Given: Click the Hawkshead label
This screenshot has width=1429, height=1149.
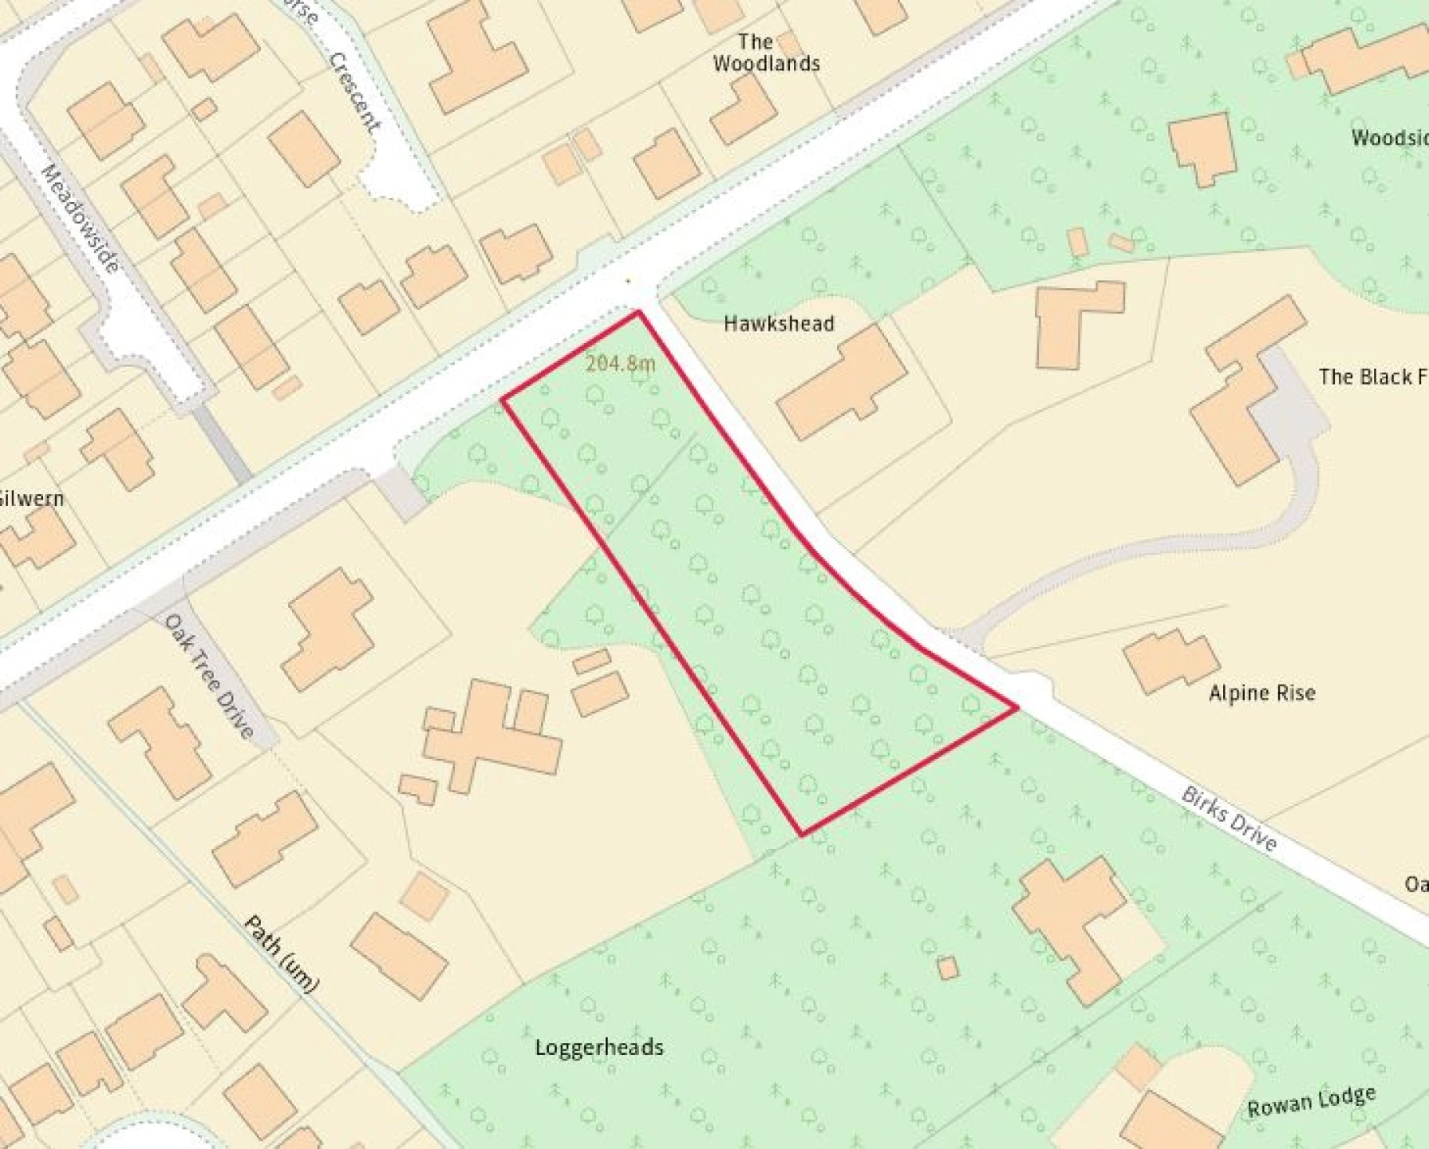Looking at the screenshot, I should point(779,323).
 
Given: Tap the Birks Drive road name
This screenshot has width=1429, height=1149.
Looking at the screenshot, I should point(1230,819).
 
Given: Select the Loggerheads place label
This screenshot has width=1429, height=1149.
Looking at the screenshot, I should point(598,1047).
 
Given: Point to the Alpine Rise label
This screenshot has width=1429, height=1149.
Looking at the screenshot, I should point(1261,693).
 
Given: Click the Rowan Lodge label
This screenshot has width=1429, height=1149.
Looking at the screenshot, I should point(1311,1102).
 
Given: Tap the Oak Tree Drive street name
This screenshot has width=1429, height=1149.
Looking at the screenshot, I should point(209,676).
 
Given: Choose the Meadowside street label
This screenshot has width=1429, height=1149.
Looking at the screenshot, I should point(81,218).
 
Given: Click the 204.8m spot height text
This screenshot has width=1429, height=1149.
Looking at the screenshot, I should point(621,364).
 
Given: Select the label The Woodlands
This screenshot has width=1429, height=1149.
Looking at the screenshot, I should point(765,53).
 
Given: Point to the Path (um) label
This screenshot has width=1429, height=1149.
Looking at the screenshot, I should point(281,954).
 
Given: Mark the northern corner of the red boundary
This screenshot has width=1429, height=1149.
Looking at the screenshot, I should point(638,312).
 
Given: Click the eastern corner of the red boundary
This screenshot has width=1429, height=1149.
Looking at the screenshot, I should point(1016,707).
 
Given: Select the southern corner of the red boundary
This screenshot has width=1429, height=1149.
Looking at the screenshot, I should point(802,835).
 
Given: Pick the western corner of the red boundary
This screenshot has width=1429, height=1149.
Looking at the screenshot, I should point(503,398).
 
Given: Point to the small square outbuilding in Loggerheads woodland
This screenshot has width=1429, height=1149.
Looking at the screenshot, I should point(947,968).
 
